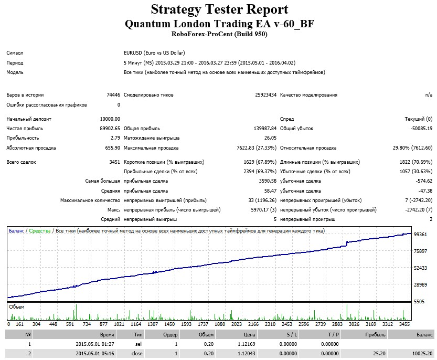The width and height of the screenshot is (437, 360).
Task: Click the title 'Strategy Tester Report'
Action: (x=219, y=9)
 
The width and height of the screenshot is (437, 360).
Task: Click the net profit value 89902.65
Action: (x=110, y=128)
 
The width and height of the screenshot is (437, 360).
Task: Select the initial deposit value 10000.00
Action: (x=110, y=119)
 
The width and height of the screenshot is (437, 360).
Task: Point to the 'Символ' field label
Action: (x=15, y=53)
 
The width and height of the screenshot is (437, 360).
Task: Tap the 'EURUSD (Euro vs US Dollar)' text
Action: (x=154, y=53)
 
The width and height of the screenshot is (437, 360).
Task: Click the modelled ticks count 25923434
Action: (x=265, y=95)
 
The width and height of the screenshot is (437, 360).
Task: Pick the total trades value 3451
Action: (x=114, y=162)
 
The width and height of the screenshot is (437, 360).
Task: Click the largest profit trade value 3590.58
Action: (x=268, y=181)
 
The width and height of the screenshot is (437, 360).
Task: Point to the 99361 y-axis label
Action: (x=420, y=234)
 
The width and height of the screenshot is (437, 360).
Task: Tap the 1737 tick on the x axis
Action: (x=203, y=324)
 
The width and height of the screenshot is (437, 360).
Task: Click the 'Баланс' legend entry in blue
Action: (x=16, y=231)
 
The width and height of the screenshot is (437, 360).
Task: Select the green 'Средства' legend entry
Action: (x=40, y=231)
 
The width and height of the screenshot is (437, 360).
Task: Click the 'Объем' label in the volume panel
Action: (x=16, y=307)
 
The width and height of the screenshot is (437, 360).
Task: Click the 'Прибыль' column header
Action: (x=375, y=335)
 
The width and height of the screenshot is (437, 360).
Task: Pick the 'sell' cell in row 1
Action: (x=138, y=344)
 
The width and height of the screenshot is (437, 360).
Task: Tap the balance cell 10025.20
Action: (x=423, y=354)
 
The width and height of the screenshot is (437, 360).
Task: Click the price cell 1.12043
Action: (x=247, y=354)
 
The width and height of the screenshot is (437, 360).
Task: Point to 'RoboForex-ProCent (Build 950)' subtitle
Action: (x=219, y=34)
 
